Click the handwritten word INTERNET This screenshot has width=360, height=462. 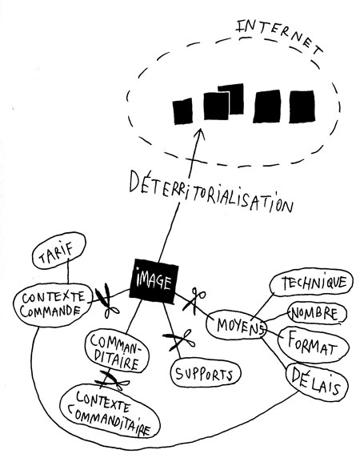tap(280, 35)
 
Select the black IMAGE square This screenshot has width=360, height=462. tap(154, 281)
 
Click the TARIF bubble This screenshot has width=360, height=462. tap(58, 251)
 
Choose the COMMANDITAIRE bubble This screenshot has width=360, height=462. tap(117, 352)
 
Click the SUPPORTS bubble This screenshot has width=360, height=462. tap(205, 373)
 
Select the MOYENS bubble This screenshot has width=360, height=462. tap(237, 325)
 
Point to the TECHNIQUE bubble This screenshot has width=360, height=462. tap(311, 283)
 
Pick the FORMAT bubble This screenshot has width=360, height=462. tap(313, 345)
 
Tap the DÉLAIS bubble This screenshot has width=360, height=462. tap(317, 383)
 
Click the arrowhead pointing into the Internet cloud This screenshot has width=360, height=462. tap(200, 134)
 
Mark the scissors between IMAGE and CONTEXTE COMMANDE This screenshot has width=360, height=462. tap(106, 301)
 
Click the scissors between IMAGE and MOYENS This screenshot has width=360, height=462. tap(194, 299)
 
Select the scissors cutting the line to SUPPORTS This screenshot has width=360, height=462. tap(179, 339)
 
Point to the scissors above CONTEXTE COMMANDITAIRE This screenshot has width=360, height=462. tap(111, 380)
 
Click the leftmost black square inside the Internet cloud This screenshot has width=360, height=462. tap(182, 111)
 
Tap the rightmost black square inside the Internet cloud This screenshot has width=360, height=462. tap(302, 106)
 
